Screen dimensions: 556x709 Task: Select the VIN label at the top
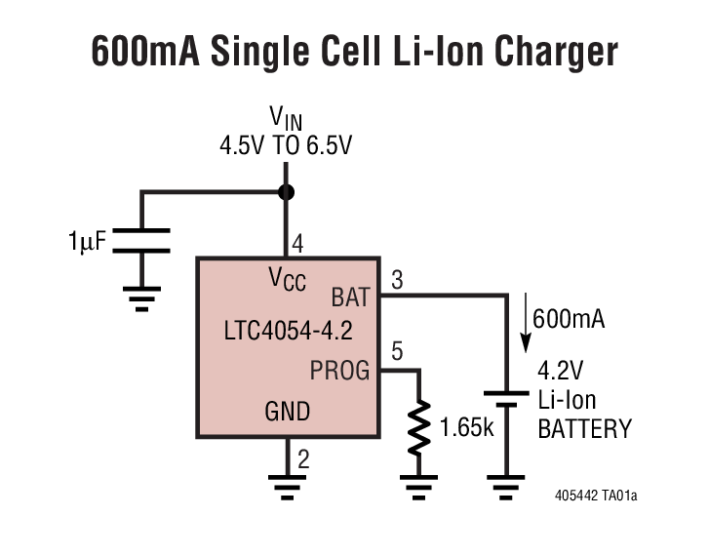(286, 120)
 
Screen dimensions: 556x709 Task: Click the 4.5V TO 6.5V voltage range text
(286, 147)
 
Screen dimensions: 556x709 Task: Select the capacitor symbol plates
(142, 241)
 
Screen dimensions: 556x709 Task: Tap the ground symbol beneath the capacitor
(142, 296)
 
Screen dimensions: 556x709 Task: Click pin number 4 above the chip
(298, 244)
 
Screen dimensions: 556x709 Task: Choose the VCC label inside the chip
(287, 279)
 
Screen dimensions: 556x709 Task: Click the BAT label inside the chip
(350, 296)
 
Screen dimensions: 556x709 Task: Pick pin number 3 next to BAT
(396, 280)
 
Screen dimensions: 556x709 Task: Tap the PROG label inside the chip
(339, 370)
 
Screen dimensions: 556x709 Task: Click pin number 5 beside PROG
(396, 353)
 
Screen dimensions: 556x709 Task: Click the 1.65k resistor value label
(465, 427)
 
